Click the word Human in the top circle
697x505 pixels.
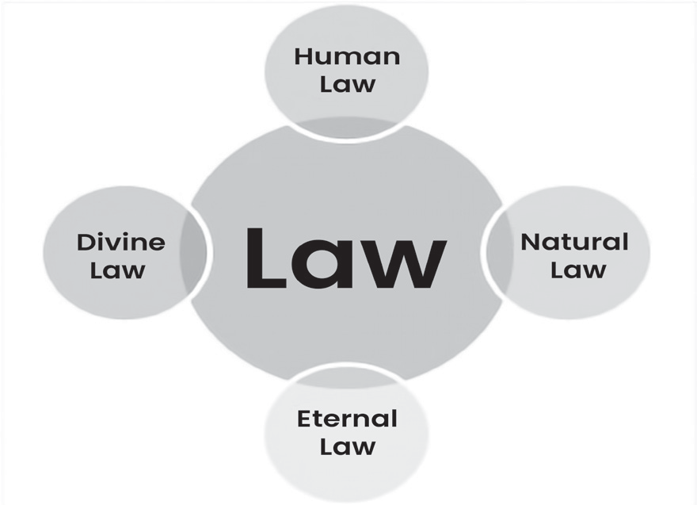pyautogui.click(x=347, y=56)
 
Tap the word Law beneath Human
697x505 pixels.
pyautogui.click(x=347, y=84)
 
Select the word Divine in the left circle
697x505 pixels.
pyautogui.click(x=121, y=242)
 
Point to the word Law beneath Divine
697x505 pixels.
pyautogui.click(x=117, y=270)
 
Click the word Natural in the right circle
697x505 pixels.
pyautogui.click(x=574, y=242)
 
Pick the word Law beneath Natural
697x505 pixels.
pyautogui.click(x=578, y=270)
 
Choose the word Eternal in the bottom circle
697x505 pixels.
pyautogui.click(x=347, y=419)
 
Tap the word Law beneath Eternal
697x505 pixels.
pyautogui.click(x=347, y=446)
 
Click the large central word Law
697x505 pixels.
pyautogui.click(x=347, y=258)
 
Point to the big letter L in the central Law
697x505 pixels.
pyautogui.click(x=266, y=258)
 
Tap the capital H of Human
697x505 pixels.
pyautogui.click(x=304, y=56)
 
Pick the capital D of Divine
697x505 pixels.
pyautogui.click(x=86, y=242)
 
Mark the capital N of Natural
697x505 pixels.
pyautogui.click(x=531, y=242)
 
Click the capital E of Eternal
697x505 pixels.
pyautogui.click(x=305, y=419)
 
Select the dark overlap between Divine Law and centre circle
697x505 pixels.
pyautogui.click(x=192, y=252)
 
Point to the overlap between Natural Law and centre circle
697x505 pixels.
pyautogui.click(x=499, y=252)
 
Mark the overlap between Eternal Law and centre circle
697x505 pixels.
pyautogui.click(x=347, y=377)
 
